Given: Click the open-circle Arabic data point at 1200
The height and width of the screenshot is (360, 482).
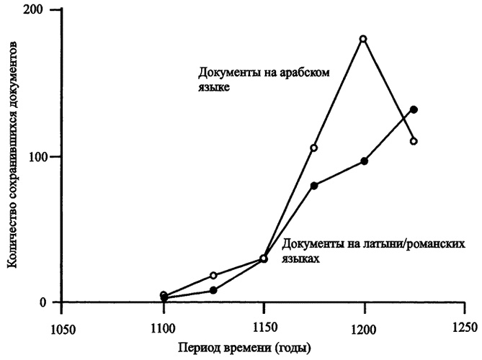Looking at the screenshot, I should tap(363, 39).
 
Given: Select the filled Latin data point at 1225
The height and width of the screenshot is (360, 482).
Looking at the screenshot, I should tap(414, 109).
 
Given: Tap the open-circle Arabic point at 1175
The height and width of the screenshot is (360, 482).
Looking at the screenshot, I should tap(314, 148).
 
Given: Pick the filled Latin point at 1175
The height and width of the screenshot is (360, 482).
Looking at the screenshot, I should tap(314, 185).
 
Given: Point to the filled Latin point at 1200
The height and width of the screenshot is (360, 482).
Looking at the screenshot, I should tap(365, 161).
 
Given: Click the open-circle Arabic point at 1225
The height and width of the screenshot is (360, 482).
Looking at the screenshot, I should tap(414, 141).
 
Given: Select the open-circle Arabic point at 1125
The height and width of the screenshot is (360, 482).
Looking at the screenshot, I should tap(213, 275).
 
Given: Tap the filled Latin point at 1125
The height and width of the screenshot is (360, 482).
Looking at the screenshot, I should tap(213, 290).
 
